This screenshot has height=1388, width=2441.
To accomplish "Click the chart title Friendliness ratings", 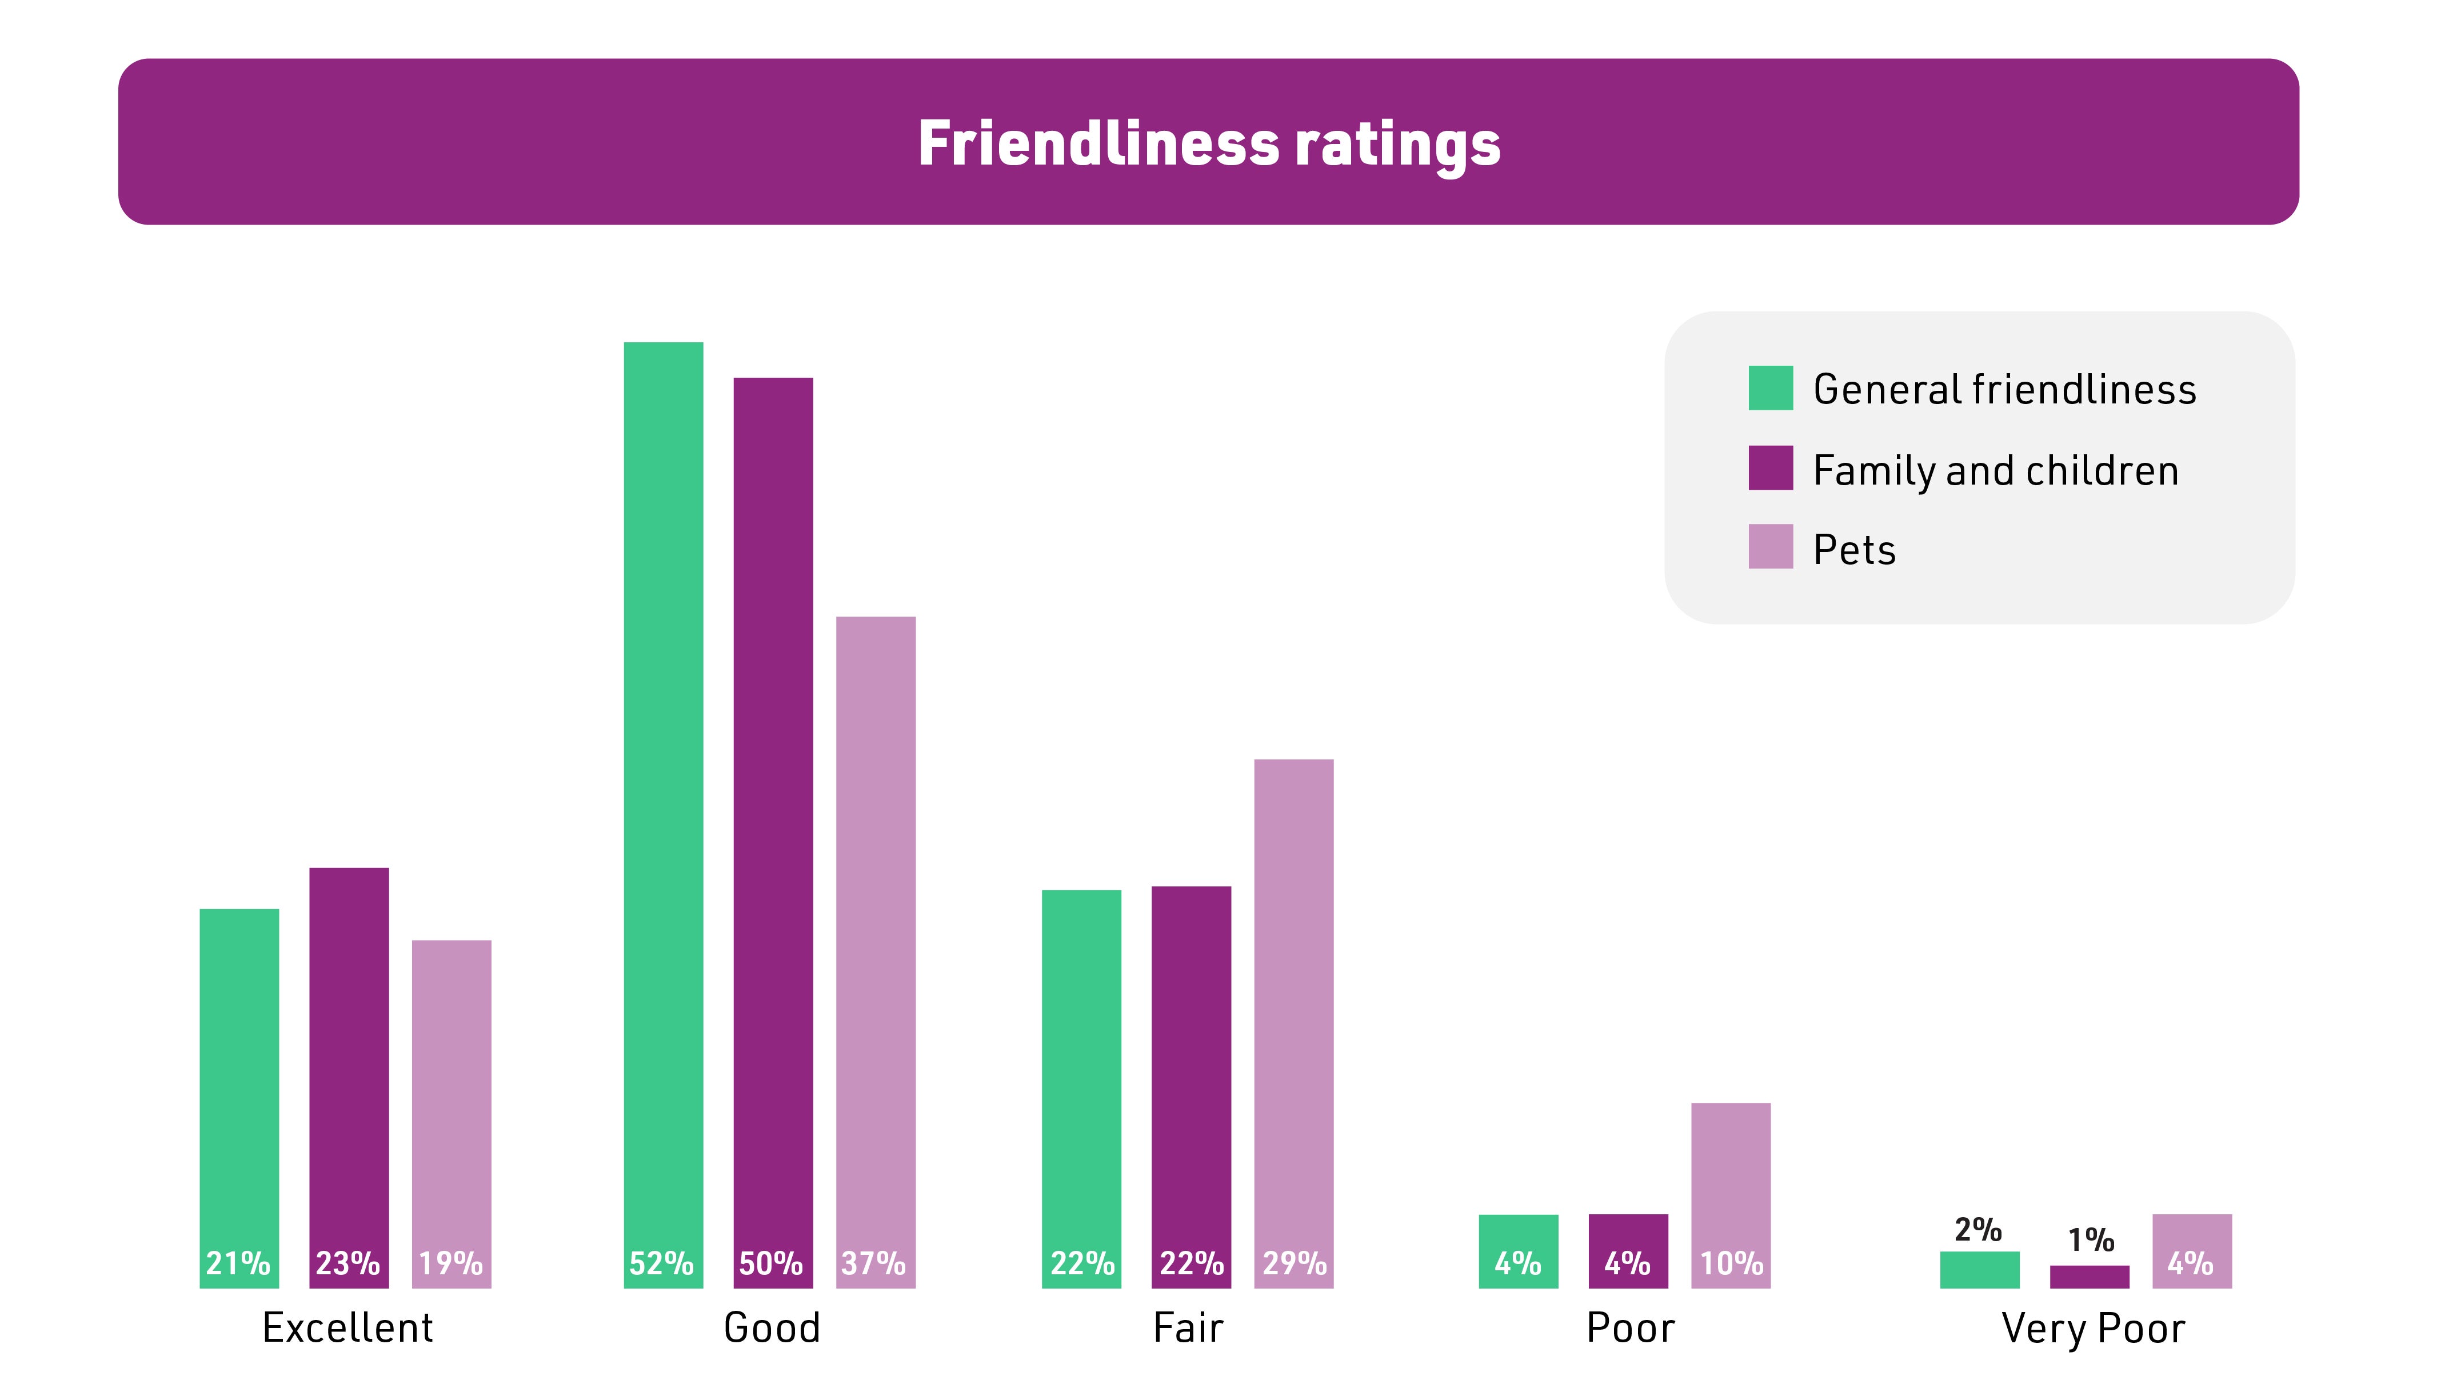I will pos(1209,144).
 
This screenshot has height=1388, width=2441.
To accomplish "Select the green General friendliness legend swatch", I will pos(1770,388).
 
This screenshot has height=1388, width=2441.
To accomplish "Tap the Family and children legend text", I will pos(1995,470).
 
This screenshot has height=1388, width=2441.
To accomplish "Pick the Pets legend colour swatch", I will pos(1770,547).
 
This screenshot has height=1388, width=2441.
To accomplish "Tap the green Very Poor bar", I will pos(1980,1271).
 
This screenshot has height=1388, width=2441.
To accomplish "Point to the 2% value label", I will pos(1977,1230).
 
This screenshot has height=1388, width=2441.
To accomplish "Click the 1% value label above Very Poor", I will pos(2090,1240).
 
